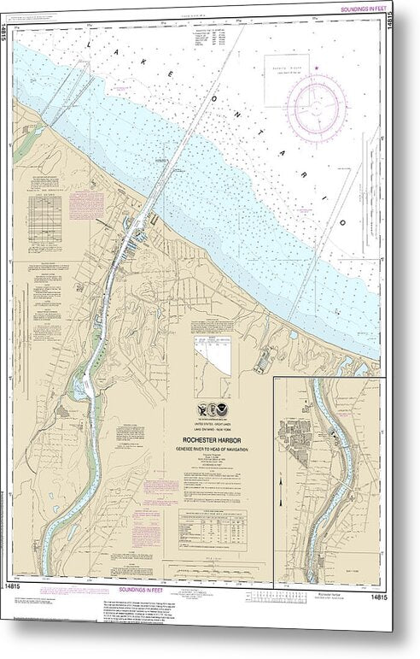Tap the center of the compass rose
[x=316, y=109]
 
